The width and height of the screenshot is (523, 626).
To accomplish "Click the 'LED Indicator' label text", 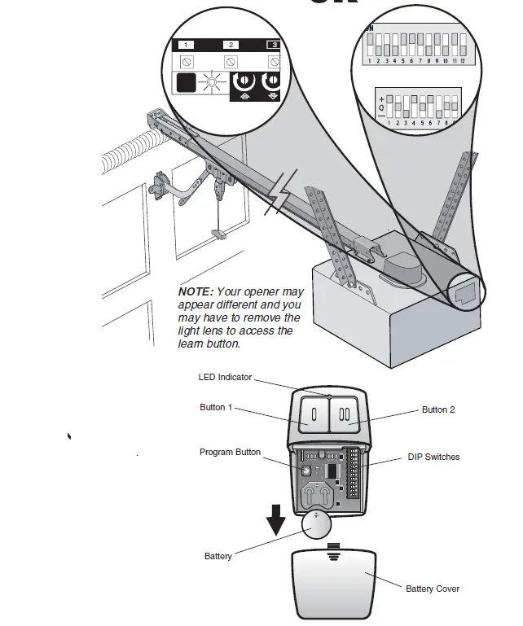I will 225,377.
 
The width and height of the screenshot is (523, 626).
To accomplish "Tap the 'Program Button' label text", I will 231,452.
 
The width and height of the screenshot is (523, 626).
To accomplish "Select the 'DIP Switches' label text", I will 433,457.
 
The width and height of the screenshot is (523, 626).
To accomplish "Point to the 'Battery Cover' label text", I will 433,589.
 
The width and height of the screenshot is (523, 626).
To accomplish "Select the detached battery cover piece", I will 334,583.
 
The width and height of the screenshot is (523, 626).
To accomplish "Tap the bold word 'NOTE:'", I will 196,291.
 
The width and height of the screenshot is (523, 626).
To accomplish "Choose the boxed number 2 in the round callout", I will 231,46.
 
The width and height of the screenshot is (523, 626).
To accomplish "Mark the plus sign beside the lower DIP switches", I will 380,98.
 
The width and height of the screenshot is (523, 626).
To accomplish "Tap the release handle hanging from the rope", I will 218,233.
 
